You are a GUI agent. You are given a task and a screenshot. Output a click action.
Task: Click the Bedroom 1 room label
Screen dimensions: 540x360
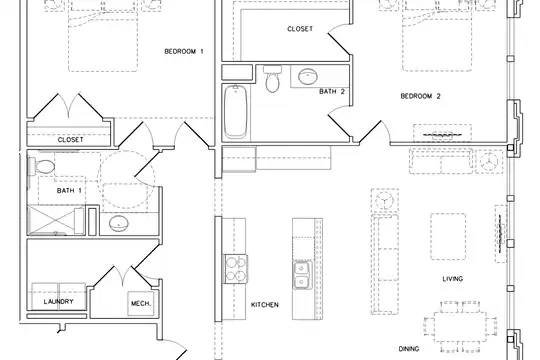184,52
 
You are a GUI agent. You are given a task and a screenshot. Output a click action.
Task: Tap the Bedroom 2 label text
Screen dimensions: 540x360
420,96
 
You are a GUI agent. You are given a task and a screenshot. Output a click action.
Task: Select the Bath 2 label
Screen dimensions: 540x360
332,92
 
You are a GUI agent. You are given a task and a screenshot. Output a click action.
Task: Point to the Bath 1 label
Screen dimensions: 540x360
69,191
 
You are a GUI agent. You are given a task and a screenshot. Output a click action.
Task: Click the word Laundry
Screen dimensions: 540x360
59,302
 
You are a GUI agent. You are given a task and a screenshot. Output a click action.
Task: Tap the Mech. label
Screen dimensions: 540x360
141,304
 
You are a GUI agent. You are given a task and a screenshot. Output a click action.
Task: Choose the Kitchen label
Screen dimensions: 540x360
264,305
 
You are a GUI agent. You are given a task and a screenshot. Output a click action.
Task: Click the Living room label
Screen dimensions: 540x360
453,279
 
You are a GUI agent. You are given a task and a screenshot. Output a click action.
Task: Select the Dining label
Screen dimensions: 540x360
409,349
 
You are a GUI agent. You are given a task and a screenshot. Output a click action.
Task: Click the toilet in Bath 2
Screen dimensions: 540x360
273,79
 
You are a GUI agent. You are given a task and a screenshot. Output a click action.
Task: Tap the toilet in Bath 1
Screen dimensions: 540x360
41,167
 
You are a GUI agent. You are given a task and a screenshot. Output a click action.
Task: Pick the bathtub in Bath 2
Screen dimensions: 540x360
236,112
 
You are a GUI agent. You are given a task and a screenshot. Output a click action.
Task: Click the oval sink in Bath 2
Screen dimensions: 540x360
308,77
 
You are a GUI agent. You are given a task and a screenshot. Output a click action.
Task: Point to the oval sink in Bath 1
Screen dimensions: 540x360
119,223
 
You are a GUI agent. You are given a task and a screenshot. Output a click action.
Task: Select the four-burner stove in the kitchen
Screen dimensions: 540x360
236,269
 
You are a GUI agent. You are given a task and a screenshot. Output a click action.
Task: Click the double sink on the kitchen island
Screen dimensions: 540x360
302,275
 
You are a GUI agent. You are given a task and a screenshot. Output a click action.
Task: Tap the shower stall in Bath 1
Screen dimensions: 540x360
55,220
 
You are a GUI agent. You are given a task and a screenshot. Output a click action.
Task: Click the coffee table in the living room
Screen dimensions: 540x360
448,236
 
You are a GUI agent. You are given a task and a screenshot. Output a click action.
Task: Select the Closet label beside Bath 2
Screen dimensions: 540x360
300,29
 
